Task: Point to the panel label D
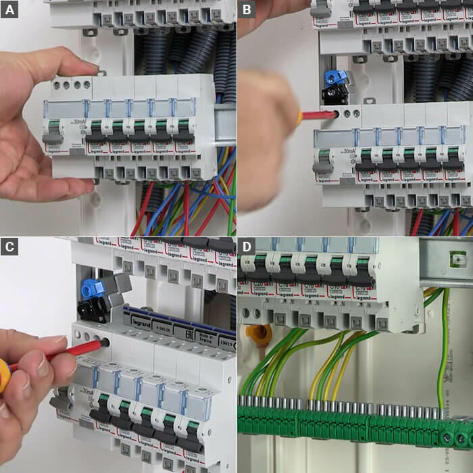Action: point(247,246)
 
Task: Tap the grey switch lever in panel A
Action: point(53,137)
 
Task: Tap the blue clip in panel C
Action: point(91,289)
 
